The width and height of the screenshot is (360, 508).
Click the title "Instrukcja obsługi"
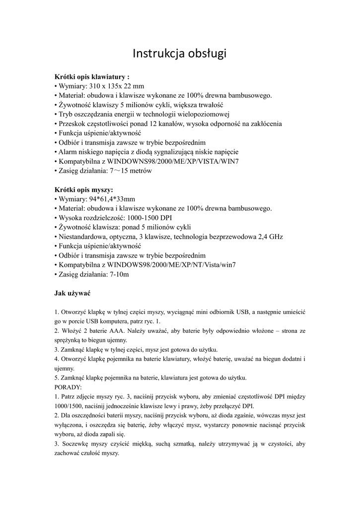pyautogui.click(x=180, y=53)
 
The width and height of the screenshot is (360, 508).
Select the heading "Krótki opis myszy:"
pyautogui.click(x=83, y=190)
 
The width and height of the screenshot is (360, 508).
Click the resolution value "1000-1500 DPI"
pyautogui.click(x=153, y=218)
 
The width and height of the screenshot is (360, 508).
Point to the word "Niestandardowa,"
pyautogui.click(x=82, y=237)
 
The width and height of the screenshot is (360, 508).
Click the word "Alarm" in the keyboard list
pyautogui.click(x=68, y=152)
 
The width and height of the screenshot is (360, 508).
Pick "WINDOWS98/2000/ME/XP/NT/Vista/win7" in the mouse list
pyautogui.click(x=172, y=265)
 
